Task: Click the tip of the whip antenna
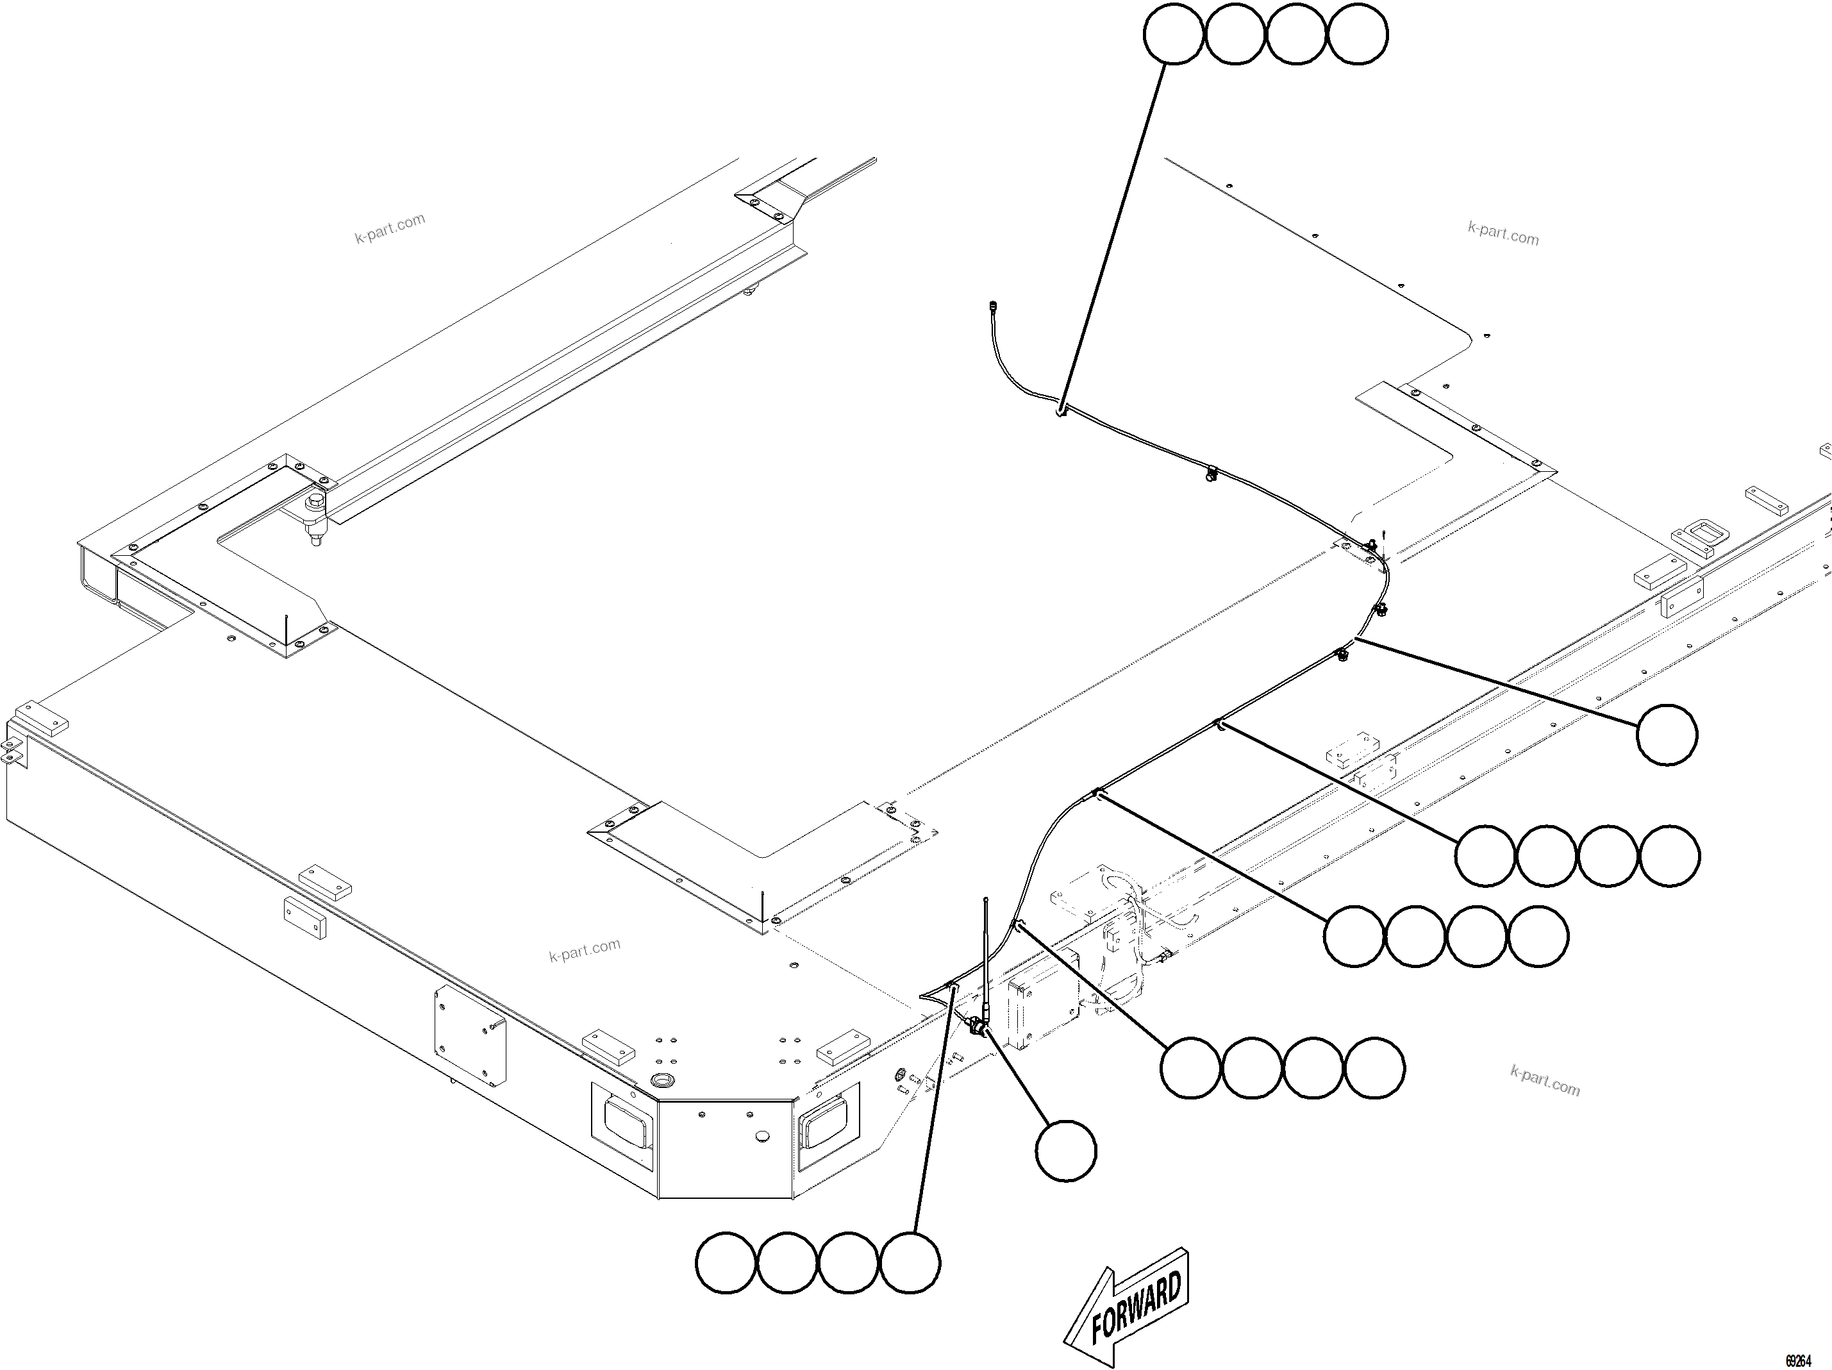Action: pyautogui.click(x=986, y=899)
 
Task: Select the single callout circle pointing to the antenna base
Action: pyautogui.click(x=1066, y=1151)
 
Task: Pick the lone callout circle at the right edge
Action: pyautogui.click(x=1667, y=735)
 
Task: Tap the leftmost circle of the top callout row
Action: pyautogui.click(x=1174, y=34)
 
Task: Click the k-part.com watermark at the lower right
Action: pyautogui.click(x=1545, y=1081)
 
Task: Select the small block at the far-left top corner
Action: pyautogui.click(x=40, y=719)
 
